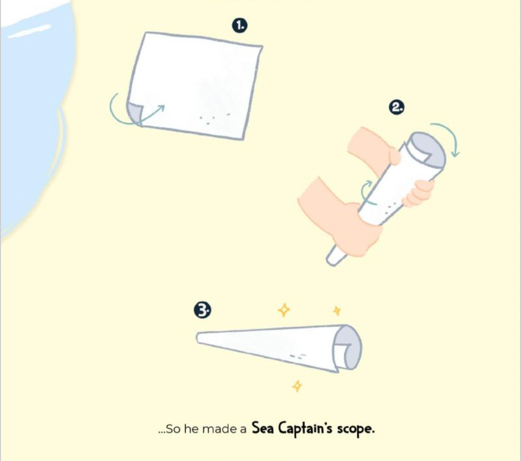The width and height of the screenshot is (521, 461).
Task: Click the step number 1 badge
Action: pyautogui.click(x=240, y=25)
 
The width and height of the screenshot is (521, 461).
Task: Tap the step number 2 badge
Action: pyautogui.click(x=396, y=108)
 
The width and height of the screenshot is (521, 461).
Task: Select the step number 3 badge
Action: pyautogui.click(x=202, y=310)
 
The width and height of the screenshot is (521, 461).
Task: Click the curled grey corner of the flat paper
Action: pyautogui.click(x=134, y=113)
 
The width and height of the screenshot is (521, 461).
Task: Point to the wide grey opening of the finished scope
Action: pyautogui.click(x=347, y=347)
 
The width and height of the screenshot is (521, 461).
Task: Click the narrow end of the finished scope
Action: pyautogui.click(x=199, y=338)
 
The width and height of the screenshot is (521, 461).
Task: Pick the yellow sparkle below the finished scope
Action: pyautogui.click(x=297, y=386)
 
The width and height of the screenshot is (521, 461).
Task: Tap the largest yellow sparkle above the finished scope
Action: pyautogui.click(x=284, y=310)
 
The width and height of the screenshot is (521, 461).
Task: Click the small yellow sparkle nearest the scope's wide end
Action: pyautogui.click(x=337, y=311)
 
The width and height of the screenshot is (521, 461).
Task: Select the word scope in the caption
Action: pyautogui.click(x=356, y=429)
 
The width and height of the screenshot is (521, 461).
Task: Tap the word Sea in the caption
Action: pyautogui.click(x=262, y=427)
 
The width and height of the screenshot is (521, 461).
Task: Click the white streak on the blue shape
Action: pyautogui.click(x=29, y=30)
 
